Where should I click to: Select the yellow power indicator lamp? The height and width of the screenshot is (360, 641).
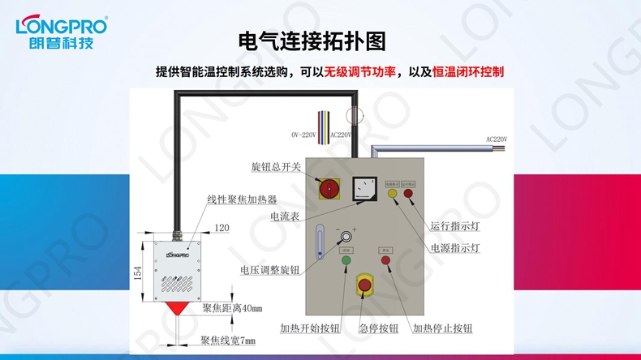pyautogui.click(x=393, y=194)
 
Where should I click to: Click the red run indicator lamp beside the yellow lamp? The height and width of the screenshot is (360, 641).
pyautogui.click(x=408, y=194)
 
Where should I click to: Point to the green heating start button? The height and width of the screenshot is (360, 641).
pyautogui.click(x=346, y=260)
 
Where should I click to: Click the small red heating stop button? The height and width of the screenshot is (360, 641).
pyautogui.click(x=386, y=260)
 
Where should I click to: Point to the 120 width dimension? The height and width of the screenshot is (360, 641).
pyautogui.click(x=222, y=229)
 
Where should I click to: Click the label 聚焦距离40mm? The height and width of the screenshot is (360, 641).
pyautogui.click(x=232, y=309)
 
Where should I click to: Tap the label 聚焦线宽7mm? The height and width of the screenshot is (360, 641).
pyautogui.click(x=228, y=341)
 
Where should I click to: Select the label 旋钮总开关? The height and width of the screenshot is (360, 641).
pyautogui.click(x=276, y=167)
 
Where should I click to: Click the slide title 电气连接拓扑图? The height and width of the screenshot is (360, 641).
pyautogui.click(x=312, y=41)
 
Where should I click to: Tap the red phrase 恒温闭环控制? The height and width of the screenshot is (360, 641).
pyautogui.click(x=468, y=72)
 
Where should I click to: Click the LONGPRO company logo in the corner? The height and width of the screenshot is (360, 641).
pyautogui.click(x=61, y=32)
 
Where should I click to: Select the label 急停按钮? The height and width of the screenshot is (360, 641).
pyautogui.click(x=378, y=328)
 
